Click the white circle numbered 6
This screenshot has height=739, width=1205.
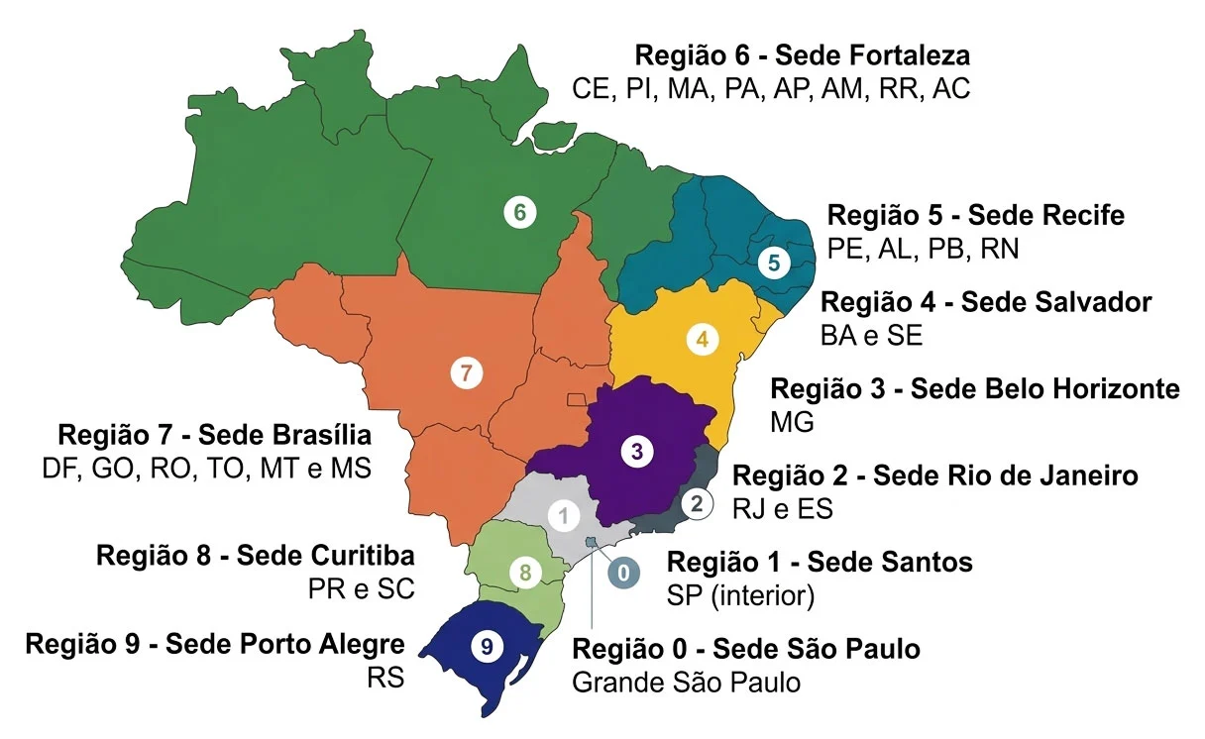(x=518, y=211)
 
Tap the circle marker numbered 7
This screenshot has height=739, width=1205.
(x=466, y=373)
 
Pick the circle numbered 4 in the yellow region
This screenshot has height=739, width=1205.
(x=702, y=339)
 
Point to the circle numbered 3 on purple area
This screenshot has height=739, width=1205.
(x=636, y=452)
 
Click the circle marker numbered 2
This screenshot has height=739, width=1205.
(x=697, y=503)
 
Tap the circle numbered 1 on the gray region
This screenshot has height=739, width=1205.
(x=564, y=516)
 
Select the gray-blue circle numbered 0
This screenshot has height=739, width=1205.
(x=623, y=573)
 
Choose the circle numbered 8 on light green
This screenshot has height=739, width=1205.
(x=525, y=572)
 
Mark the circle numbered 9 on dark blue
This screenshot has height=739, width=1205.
(x=485, y=646)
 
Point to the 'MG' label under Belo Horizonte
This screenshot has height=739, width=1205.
(x=791, y=423)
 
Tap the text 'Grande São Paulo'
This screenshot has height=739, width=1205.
(x=686, y=683)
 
